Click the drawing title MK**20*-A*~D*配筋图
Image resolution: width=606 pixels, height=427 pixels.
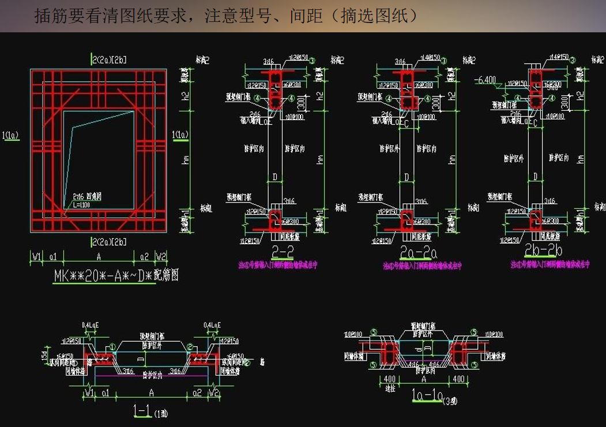tap(116, 275)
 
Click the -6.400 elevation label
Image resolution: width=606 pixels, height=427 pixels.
tap(485, 80)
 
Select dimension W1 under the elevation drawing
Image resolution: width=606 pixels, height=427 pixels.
tap(36, 256)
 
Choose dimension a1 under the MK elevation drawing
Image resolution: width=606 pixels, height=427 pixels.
tap(52, 256)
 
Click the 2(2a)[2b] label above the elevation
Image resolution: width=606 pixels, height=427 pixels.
tap(109, 59)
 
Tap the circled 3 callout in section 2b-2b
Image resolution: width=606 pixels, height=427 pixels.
tap(573, 59)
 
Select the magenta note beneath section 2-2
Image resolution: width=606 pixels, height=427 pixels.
tap(277, 265)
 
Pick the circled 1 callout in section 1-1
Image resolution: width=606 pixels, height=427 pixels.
tap(113, 347)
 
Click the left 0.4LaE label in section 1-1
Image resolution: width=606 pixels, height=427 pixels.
tap(91, 325)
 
